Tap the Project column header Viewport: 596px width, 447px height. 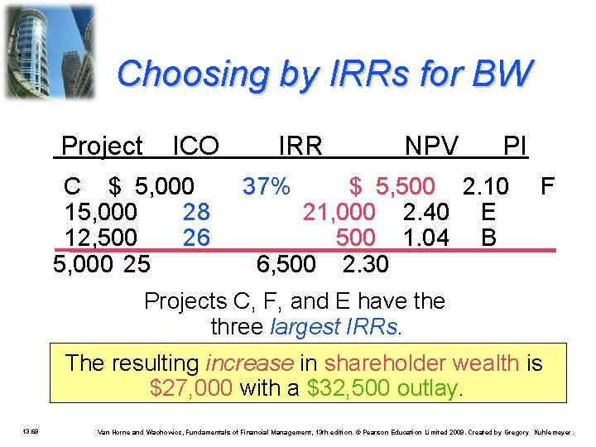point(102,147)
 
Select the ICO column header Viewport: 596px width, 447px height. point(195,147)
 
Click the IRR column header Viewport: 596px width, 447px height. point(300,147)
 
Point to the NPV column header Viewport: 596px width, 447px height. point(431,147)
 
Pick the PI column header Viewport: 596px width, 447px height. point(515,147)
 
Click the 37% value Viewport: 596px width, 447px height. point(265,186)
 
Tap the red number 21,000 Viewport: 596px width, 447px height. point(339,213)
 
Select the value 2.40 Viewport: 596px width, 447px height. point(425,213)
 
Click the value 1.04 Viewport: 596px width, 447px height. point(425,238)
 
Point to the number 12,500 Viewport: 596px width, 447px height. point(101,238)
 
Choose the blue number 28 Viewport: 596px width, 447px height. point(195,213)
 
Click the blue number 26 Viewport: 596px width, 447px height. point(195,238)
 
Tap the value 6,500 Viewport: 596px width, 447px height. point(286,264)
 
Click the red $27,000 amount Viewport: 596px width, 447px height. point(190,387)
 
